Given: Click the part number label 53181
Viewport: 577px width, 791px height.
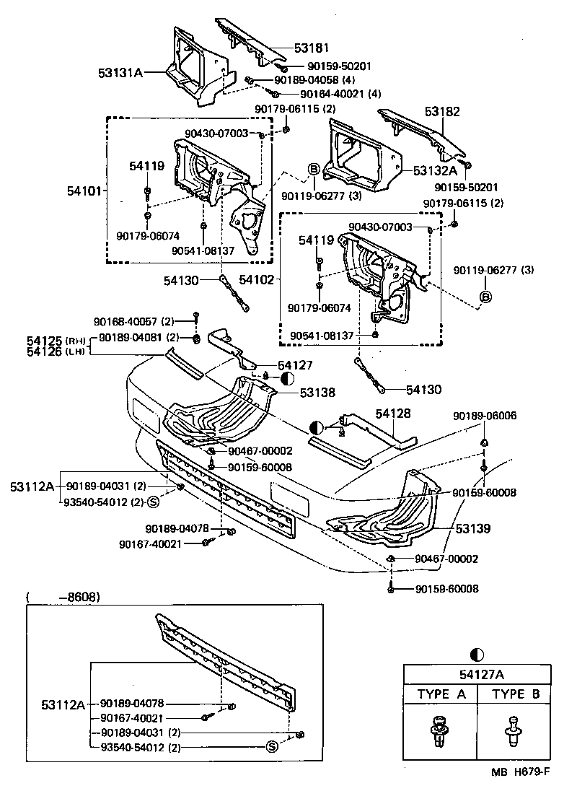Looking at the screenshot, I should pyautogui.click(x=311, y=48).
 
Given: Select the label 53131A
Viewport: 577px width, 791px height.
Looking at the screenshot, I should pyautogui.click(x=121, y=73).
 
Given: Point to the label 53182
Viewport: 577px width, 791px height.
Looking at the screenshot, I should pyautogui.click(x=442, y=112).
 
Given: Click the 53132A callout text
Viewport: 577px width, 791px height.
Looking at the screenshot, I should pyautogui.click(x=436, y=171).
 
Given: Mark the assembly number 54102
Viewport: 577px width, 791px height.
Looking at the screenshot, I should pyautogui.click(x=257, y=278).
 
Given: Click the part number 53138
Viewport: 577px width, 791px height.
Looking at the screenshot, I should pyautogui.click(x=318, y=393).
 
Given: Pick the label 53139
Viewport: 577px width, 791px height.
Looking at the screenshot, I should pyautogui.click(x=473, y=529).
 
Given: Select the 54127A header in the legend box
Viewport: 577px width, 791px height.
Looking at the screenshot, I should pyautogui.click(x=475, y=675).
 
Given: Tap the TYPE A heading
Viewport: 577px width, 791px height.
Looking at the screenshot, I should pyautogui.click(x=441, y=695).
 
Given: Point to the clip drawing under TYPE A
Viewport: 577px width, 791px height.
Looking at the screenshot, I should pyautogui.click(x=439, y=730).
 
